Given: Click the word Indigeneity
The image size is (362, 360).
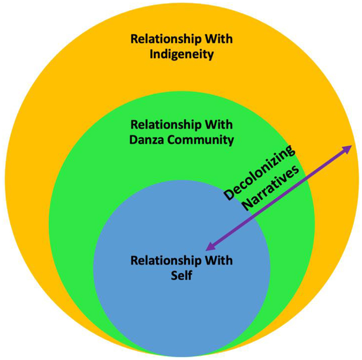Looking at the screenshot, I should [181, 54].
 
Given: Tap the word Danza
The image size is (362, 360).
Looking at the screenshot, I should [148, 140].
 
